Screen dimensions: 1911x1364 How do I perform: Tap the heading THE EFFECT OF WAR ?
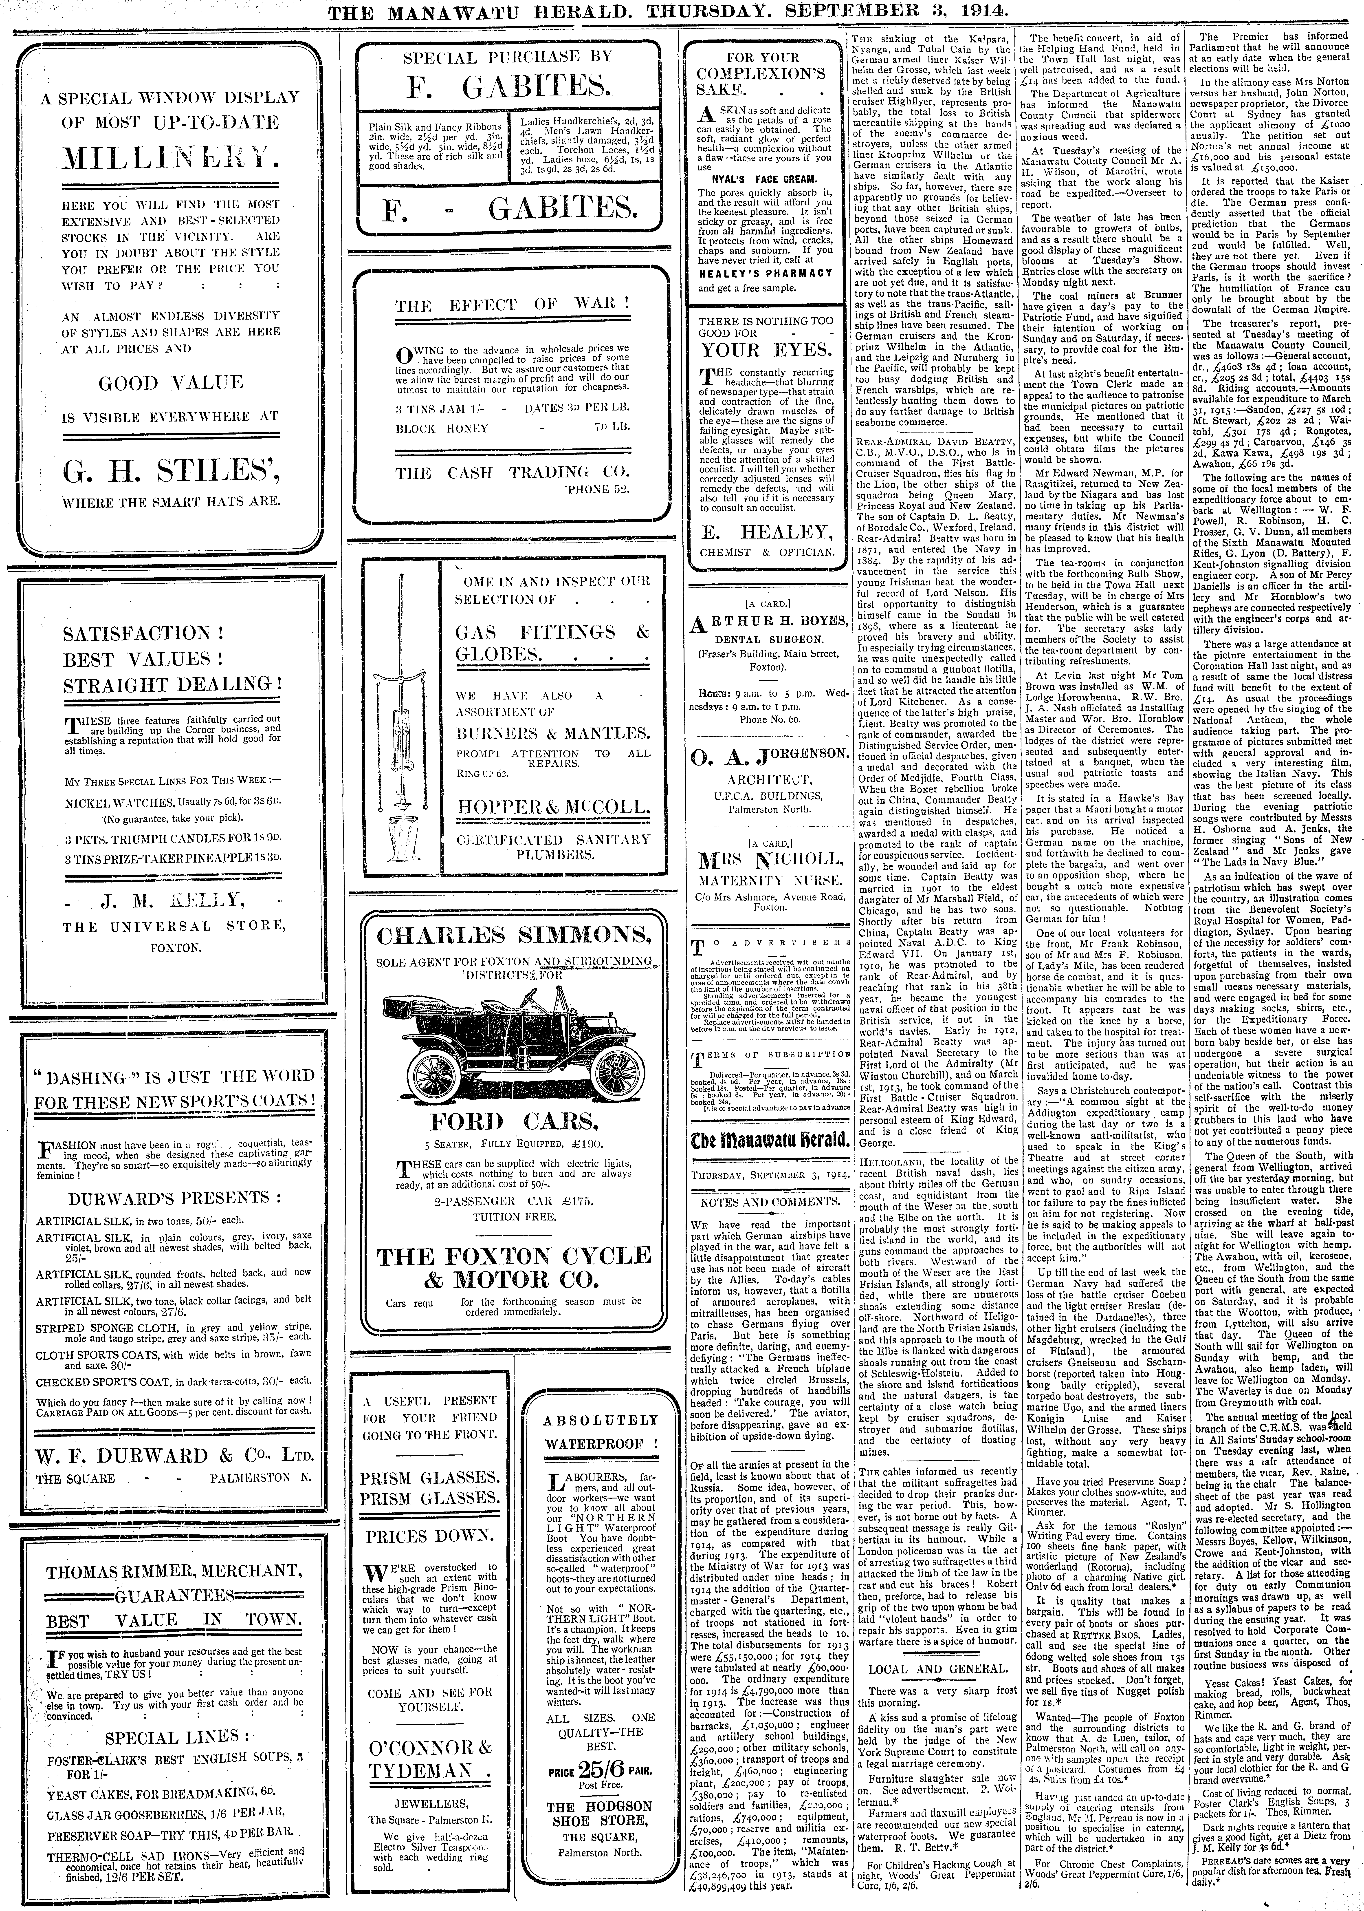(512, 307)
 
